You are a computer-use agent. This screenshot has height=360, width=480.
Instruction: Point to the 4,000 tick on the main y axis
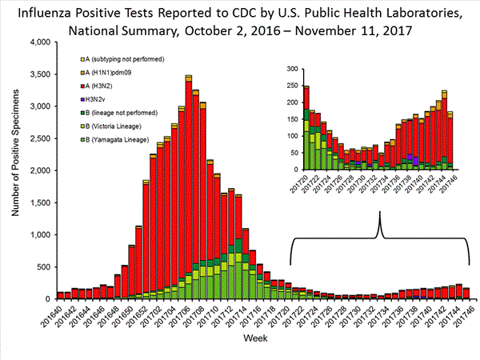[40, 42]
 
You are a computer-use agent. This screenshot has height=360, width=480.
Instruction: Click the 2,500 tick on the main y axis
[40, 138]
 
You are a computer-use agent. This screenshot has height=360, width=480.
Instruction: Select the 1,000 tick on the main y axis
[40, 235]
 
